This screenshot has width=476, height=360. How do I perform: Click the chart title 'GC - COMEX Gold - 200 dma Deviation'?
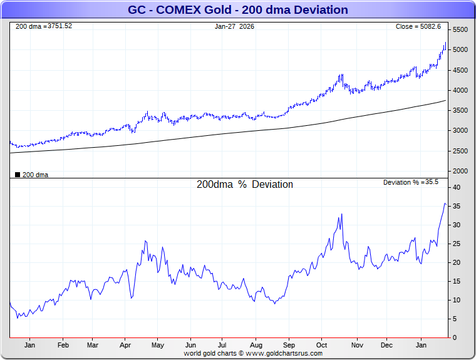coord(237,10)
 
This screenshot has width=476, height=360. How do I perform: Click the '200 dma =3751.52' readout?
coord(44,26)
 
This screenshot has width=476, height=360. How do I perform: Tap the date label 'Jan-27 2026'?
coord(235,26)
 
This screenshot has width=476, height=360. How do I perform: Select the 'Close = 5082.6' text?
coord(418,26)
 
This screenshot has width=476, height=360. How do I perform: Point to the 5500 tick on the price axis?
coord(460,30)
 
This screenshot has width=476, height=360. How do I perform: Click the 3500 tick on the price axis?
coord(460,111)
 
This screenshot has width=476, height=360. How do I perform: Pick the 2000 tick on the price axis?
coord(460,171)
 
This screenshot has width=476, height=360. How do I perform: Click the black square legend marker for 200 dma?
coord(18,175)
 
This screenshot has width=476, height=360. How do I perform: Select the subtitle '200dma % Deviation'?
coord(245,185)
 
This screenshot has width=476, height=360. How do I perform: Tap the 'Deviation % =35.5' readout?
coord(410,182)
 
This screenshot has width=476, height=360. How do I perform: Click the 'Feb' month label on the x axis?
coord(63,345)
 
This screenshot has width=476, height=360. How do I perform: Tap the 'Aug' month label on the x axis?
coord(256,345)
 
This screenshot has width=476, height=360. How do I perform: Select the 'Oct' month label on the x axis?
coord(321,345)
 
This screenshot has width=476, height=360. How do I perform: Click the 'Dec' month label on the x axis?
coord(386,345)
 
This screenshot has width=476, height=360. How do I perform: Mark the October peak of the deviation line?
coord(342,215)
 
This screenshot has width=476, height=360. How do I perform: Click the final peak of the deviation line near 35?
coord(445,203)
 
